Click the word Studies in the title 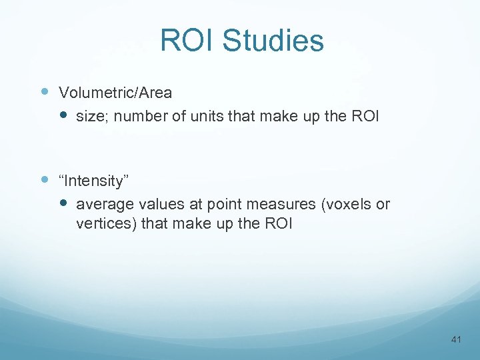[273, 41]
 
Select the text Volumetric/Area [115, 93]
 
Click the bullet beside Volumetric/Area [45, 91]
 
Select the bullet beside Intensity [45, 179]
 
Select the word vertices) [106, 224]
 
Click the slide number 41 [456, 339]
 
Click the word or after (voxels [383, 205]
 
